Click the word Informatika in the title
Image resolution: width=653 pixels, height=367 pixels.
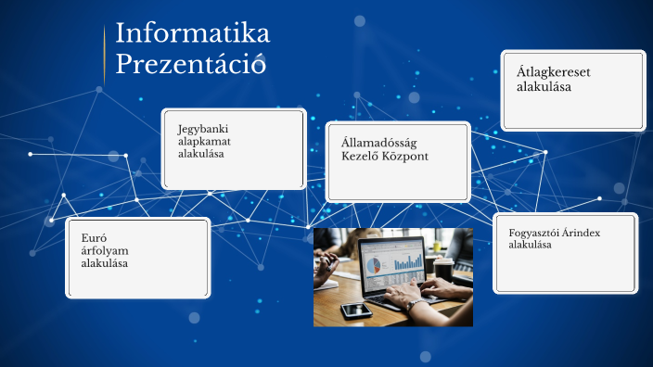192,34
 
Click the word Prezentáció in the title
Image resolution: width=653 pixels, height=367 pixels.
190,65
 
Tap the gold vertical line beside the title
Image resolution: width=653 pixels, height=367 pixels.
104,56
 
